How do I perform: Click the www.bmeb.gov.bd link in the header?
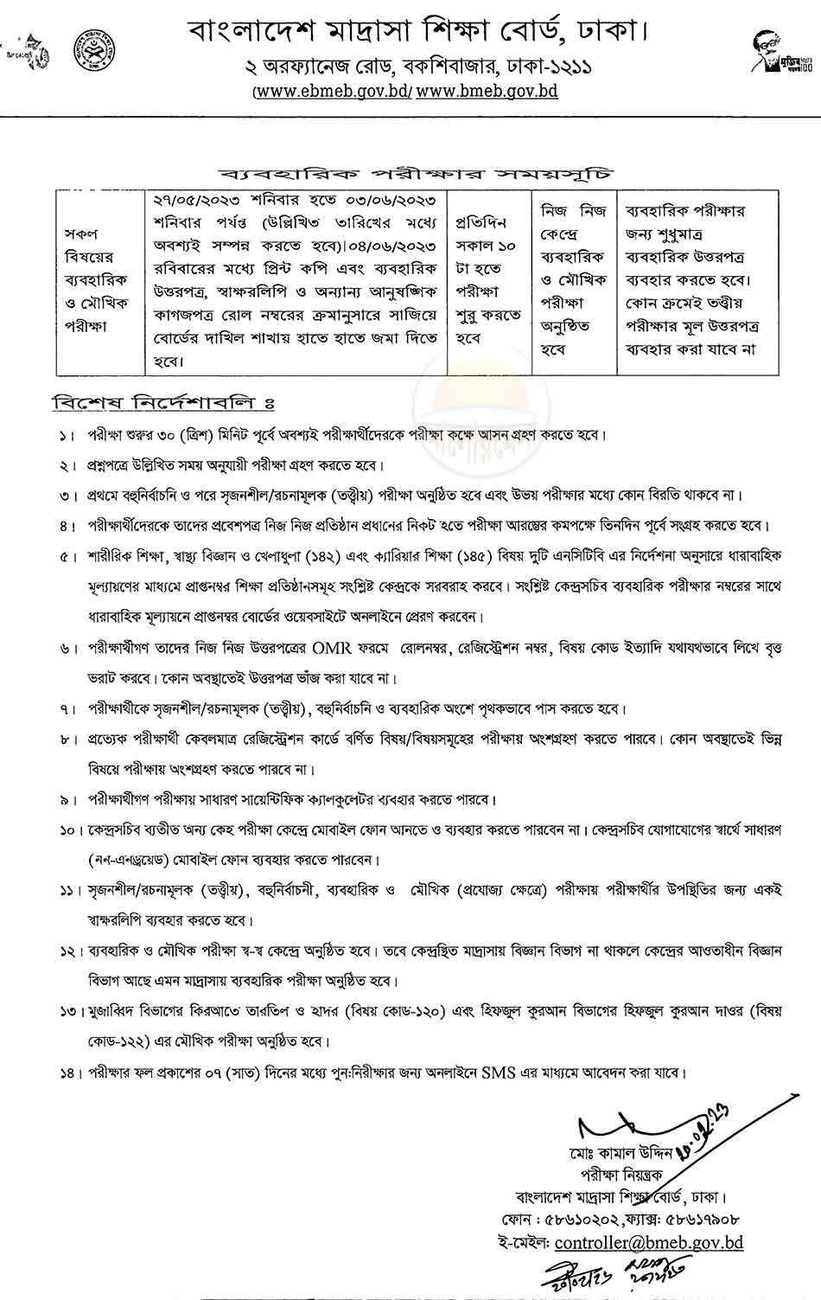487,90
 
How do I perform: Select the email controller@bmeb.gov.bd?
648,1243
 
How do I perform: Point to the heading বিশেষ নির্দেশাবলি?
162,404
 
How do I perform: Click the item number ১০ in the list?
69,829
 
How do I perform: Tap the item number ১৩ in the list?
69,1011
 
